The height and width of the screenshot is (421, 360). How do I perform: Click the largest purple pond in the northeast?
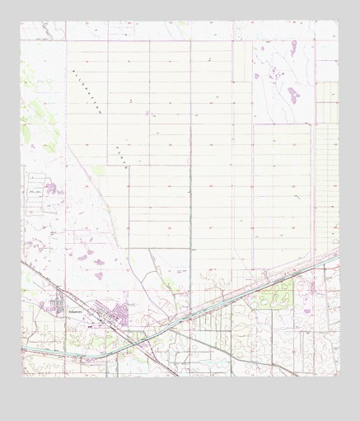pyautogui.click(x=292, y=93)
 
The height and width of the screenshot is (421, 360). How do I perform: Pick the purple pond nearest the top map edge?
pyautogui.click(x=263, y=48)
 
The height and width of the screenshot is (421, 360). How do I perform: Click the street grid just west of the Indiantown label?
pyautogui.click(x=59, y=306)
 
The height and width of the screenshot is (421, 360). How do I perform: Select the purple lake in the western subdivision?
pyautogui.click(x=51, y=189)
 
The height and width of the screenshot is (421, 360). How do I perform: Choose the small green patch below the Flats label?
pyautogui.click(x=100, y=171)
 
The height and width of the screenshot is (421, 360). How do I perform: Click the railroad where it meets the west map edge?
pyautogui.click(x=22, y=262)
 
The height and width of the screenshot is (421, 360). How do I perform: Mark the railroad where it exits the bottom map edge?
pyautogui.click(x=178, y=376)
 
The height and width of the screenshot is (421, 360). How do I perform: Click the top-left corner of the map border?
pyautogui.click(x=21, y=21)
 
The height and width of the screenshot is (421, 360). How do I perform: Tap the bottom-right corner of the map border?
pyautogui.click(x=339, y=376)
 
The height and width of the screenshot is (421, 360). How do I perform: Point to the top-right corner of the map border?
pyautogui.click(x=339, y=21)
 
